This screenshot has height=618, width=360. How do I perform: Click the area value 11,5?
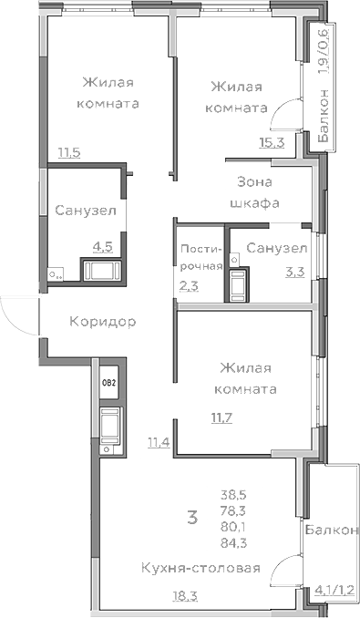point(69,152)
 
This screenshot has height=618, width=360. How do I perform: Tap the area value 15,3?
point(273,140)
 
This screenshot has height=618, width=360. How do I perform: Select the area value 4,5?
point(102,245)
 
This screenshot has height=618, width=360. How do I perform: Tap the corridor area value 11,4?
point(159,443)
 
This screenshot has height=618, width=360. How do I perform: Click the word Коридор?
point(103,322)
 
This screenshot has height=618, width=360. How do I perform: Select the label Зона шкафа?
point(254,192)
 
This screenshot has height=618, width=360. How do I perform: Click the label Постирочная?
point(201,257)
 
